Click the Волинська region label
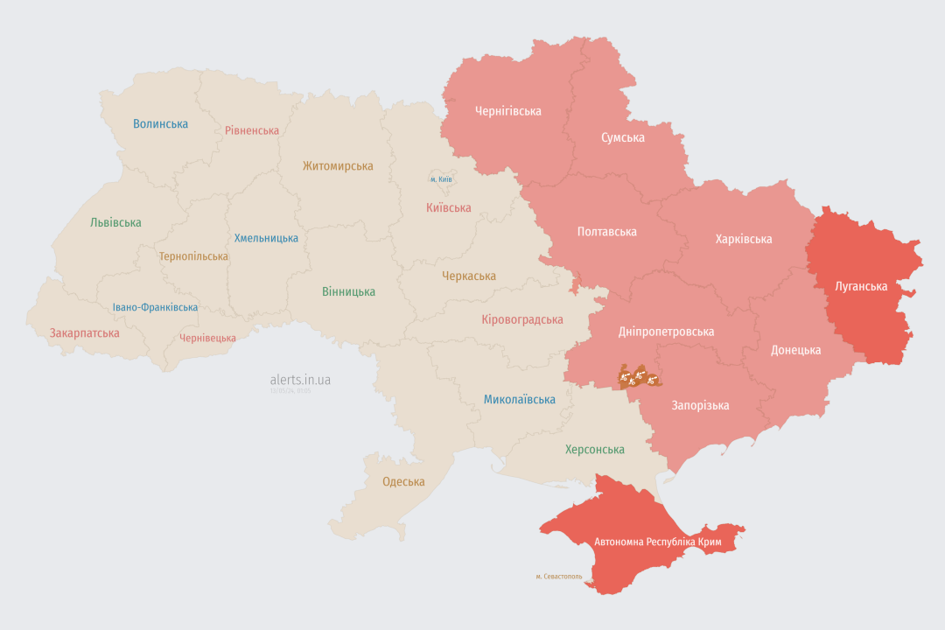coord(160,124)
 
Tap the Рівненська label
coord(252,130)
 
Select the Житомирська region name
coord(338,166)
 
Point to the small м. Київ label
coord(441,179)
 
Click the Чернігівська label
coord(507,111)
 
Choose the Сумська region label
coord(623,138)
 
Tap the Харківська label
coord(743,239)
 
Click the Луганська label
coord(861,287)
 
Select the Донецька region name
coord(795,350)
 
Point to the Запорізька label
coord(700,405)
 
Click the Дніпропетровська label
coord(666,332)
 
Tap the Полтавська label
coord(606,232)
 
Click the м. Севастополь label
coord(559,577)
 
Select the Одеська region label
coord(403,482)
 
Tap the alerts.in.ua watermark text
coord(300,380)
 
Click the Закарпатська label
coord(84,333)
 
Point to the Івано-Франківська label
coord(155,307)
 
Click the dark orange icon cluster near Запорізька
coord(640,378)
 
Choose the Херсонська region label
coord(594,450)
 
